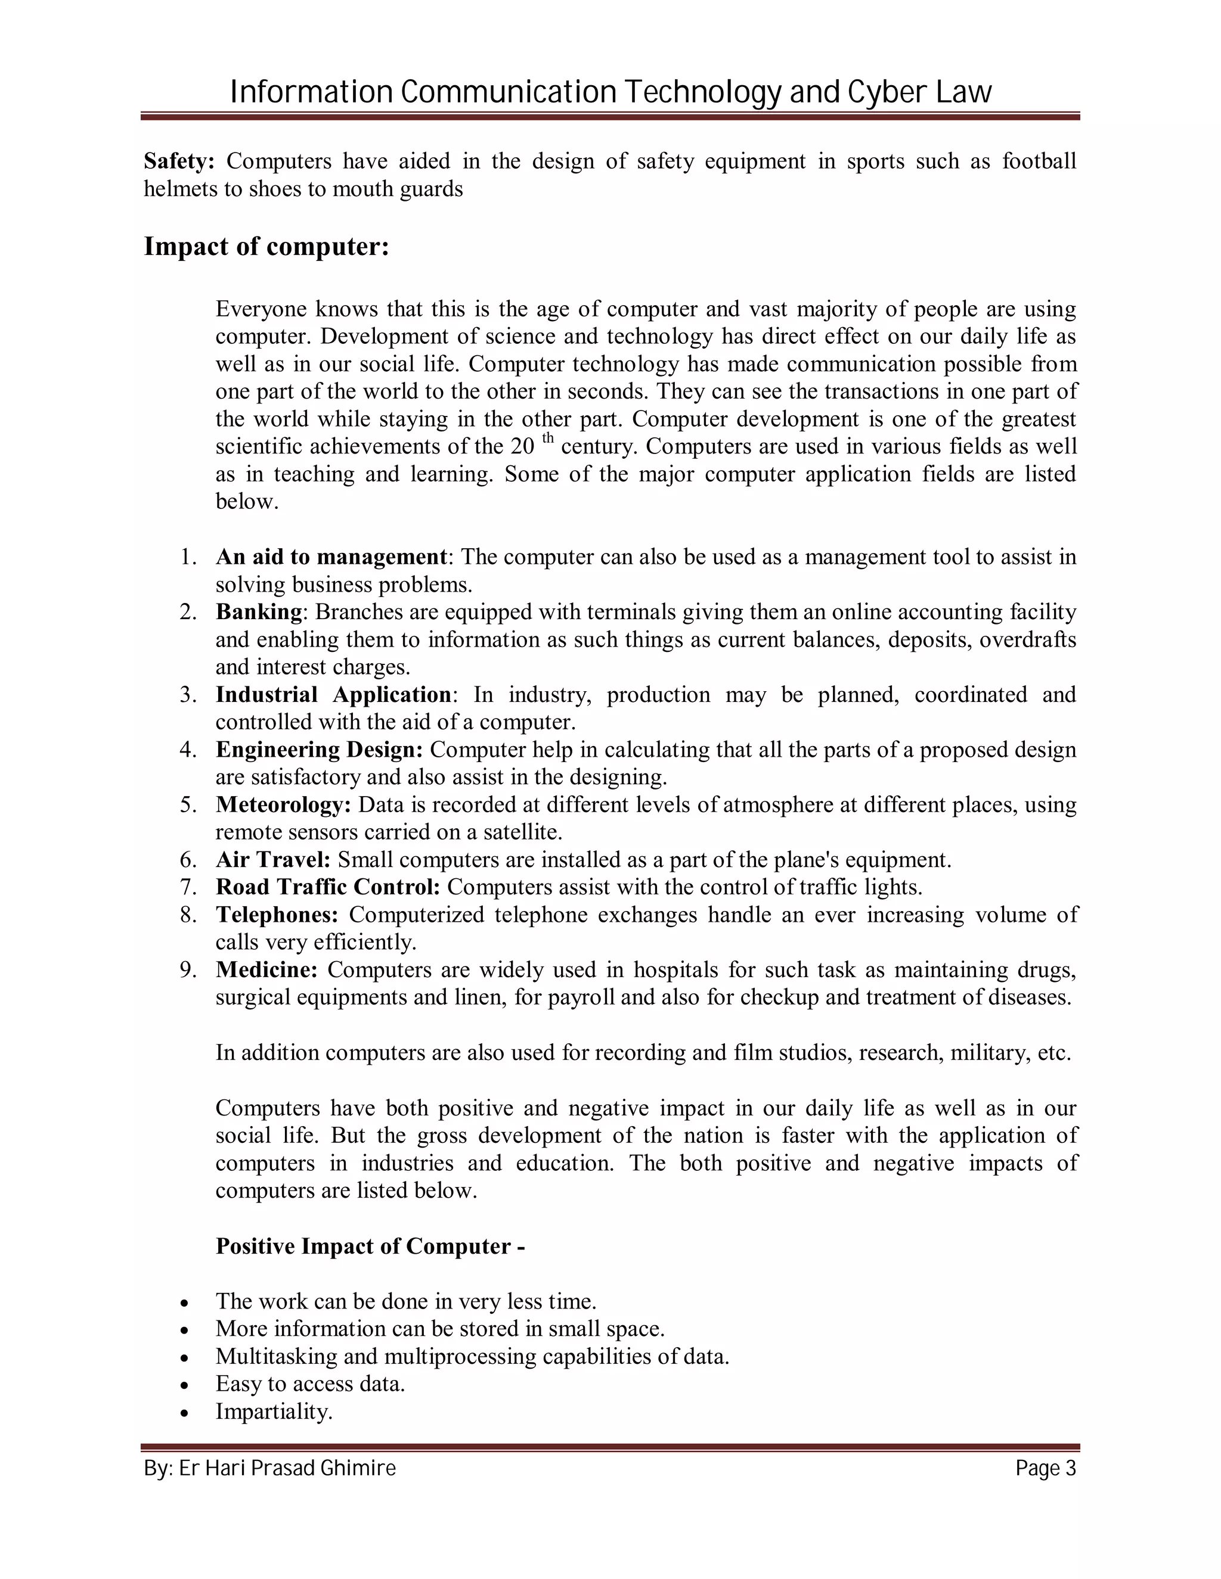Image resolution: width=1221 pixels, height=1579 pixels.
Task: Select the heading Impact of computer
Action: (266, 247)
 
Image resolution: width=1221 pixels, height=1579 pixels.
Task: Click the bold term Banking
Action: (259, 613)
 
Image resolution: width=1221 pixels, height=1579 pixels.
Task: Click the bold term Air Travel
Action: (272, 860)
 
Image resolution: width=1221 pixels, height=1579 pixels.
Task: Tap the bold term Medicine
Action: (266, 969)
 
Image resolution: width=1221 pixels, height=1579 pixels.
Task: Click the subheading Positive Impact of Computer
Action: (370, 1246)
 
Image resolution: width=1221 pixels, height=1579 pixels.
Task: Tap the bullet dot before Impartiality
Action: (185, 1412)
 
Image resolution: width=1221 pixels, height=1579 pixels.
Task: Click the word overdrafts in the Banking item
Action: (1027, 640)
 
